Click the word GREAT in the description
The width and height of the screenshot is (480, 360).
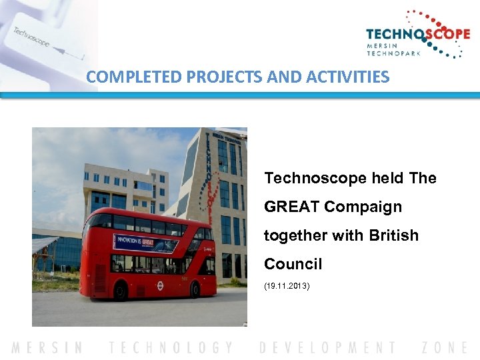pyautogui.click(x=292, y=207)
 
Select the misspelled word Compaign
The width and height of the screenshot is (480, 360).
pyautogui.click(x=363, y=207)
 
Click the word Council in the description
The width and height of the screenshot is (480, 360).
pyautogui.click(x=293, y=264)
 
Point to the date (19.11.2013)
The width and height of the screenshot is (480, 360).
pyautogui.click(x=287, y=286)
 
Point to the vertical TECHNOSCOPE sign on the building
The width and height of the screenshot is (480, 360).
pyautogui.click(x=209, y=177)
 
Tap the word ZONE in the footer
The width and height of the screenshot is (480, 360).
pyautogui.click(x=445, y=347)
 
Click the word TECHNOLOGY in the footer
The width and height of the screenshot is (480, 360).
pyautogui.click(x=172, y=347)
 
